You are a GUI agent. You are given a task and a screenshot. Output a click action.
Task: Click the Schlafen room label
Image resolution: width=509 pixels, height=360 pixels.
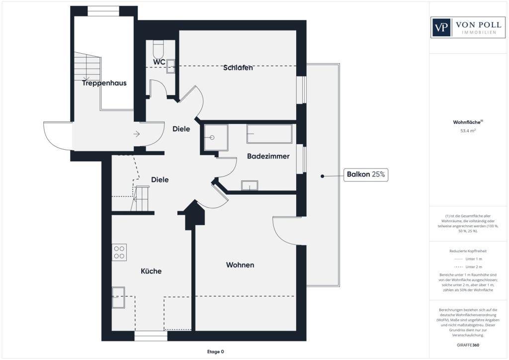238,68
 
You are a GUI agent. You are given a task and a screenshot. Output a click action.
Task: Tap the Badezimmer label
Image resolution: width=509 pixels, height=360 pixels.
268,156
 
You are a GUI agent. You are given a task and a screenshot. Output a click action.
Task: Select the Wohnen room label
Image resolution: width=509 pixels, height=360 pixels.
240,265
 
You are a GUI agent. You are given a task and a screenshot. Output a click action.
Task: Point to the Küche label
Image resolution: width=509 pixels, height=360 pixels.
151,271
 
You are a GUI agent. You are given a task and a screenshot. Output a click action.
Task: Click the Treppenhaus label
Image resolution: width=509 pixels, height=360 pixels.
104,83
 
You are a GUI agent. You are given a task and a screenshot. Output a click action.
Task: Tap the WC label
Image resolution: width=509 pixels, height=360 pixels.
159,62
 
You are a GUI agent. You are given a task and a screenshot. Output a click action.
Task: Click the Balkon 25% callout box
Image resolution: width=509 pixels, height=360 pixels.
366,175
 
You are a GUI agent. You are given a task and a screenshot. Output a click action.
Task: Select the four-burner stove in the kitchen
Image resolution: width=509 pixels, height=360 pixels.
119,252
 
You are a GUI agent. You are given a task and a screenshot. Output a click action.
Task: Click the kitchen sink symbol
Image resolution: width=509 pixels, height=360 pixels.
118,297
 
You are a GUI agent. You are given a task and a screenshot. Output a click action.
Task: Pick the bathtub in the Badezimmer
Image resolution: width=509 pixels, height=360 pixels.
269,134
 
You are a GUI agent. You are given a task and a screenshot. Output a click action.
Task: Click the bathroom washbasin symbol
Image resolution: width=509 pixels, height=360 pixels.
250,185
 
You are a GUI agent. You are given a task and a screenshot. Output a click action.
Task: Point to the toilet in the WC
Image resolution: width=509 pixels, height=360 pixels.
159,50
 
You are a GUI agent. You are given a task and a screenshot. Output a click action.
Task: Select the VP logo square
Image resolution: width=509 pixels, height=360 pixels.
440,27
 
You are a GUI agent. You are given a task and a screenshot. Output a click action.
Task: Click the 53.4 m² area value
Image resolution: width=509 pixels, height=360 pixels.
468,131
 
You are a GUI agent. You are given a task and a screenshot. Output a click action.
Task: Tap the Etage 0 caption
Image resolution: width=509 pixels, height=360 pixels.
215,352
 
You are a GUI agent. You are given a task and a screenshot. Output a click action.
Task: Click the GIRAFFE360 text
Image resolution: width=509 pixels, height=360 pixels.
469,345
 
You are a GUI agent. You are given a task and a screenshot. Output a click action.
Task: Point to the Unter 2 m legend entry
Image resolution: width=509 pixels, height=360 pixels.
469,267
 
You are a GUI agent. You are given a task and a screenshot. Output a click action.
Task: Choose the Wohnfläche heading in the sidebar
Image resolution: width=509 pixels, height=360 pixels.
467,122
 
